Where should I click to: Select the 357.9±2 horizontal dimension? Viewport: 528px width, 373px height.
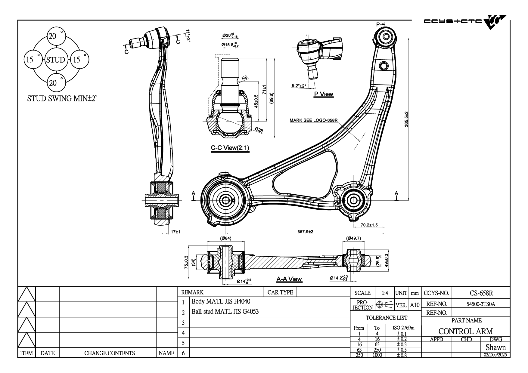click(305, 232)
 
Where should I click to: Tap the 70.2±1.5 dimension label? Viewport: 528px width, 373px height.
click(369, 225)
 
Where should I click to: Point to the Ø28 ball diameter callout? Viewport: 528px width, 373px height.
click(259, 130)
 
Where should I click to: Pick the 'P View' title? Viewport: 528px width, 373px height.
click(324, 94)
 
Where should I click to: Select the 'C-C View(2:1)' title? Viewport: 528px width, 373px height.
click(230, 148)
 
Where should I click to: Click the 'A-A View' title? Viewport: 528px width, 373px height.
click(289, 279)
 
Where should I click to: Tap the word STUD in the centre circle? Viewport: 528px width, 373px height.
click(56, 60)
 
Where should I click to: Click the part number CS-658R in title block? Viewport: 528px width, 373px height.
click(481, 293)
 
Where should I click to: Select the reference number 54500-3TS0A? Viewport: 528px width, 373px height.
click(481, 304)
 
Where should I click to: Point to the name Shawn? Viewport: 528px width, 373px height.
click(495, 347)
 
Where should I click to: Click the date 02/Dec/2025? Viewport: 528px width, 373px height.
click(495, 355)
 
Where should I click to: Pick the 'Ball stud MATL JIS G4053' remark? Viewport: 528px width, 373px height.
click(225, 312)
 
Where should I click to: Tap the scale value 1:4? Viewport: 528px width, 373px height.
click(385, 293)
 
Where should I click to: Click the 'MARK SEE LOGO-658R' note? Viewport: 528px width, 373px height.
click(313, 120)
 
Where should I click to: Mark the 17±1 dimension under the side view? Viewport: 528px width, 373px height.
click(175, 232)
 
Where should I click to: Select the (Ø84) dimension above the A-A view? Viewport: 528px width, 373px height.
click(226, 238)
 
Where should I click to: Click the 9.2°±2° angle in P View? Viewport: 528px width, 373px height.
click(299, 86)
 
